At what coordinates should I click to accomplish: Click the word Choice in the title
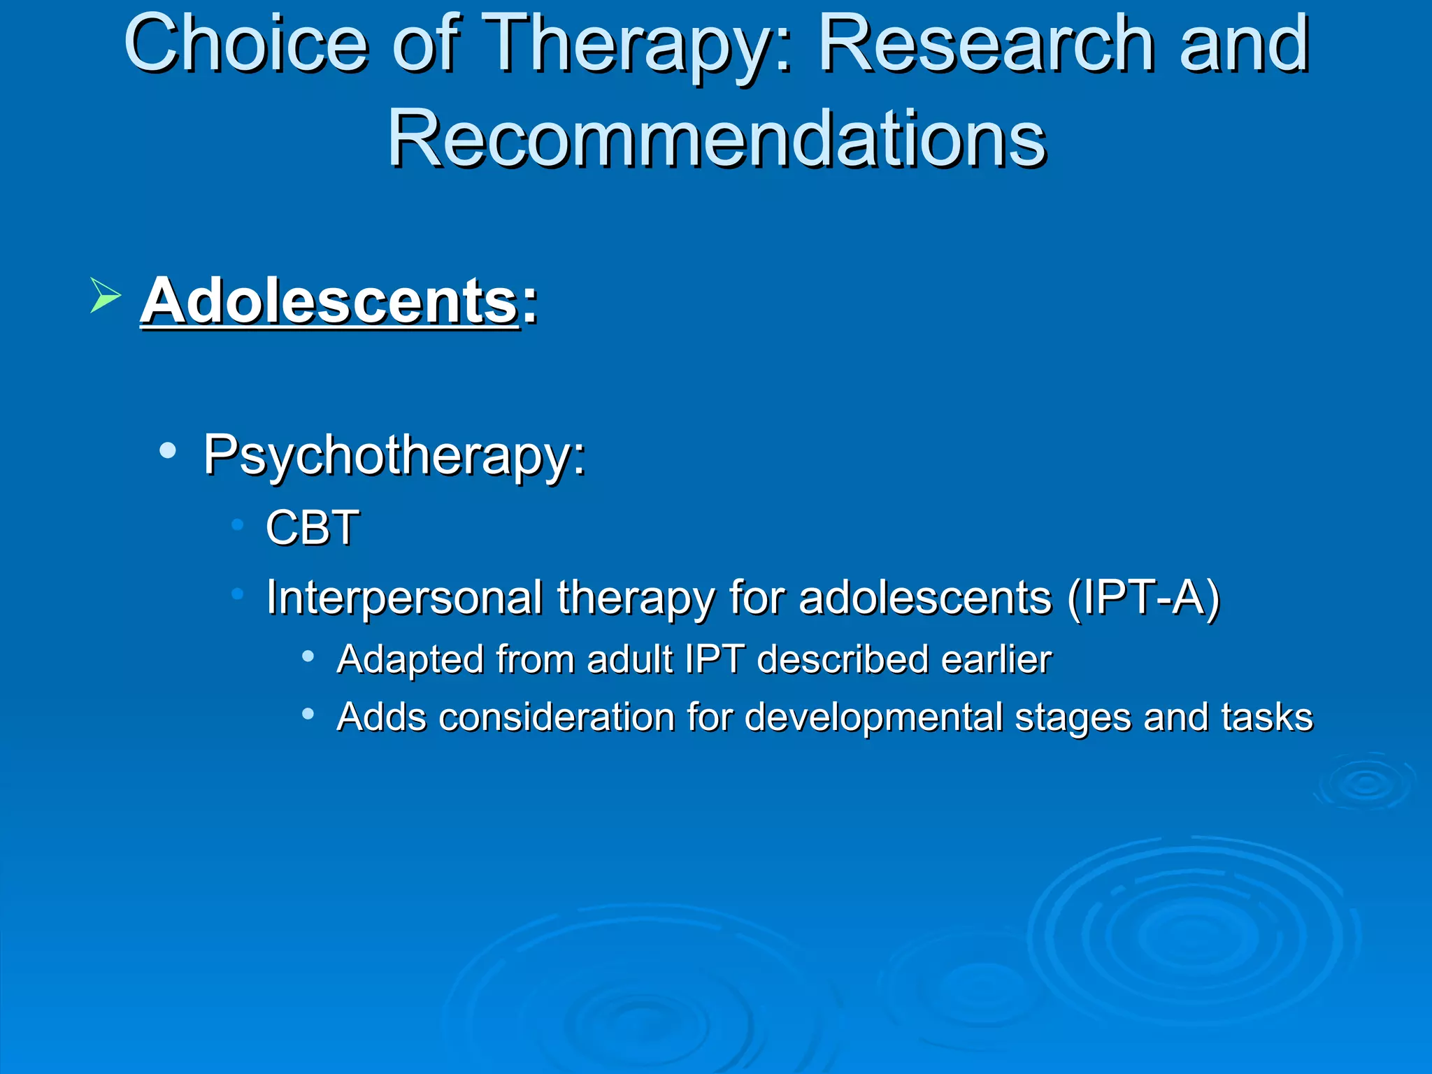245,44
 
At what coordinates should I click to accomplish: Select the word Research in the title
986,44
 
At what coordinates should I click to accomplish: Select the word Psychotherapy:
394,456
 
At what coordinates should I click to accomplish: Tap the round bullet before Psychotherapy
167,451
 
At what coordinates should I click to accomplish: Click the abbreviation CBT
312,527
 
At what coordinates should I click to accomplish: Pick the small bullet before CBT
238,524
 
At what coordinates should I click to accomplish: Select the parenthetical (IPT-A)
1144,598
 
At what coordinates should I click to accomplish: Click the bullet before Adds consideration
308,714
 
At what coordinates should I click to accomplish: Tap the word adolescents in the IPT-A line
924,598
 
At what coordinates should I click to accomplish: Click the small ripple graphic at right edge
1364,782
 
